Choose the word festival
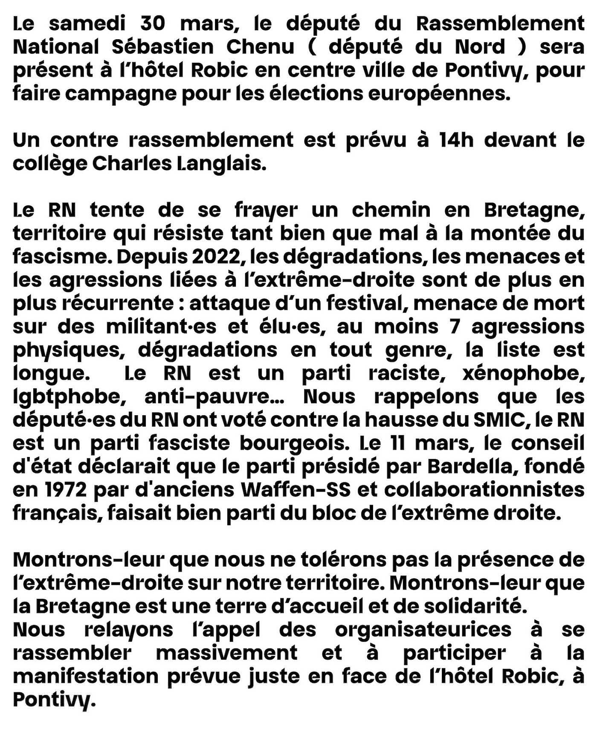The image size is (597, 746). [364, 303]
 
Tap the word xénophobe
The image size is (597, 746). [523, 373]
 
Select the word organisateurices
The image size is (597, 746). [423, 630]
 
